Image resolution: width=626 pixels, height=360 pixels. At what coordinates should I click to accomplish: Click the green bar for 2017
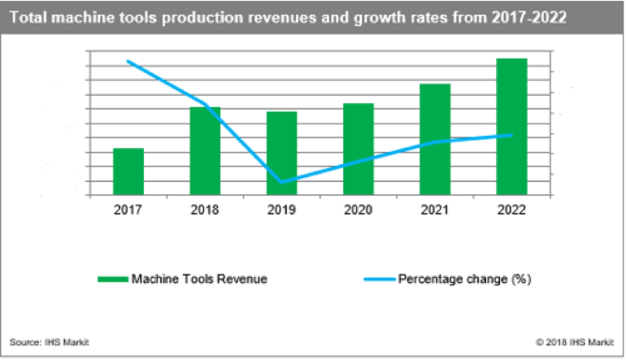pos(128,171)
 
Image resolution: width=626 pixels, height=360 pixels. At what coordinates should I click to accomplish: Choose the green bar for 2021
pos(435,140)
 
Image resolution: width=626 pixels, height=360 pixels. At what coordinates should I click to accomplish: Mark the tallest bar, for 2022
pos(511,127)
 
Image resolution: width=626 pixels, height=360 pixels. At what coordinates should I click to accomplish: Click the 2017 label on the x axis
pos(128,210)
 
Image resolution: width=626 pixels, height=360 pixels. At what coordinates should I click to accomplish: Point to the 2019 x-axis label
pos(281,210)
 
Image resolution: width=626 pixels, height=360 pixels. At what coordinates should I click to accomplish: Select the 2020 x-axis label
pos(359,210)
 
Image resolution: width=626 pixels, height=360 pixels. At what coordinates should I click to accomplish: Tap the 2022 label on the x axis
pos(511,210)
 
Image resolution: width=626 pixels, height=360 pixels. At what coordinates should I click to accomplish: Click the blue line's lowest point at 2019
pos(281,182)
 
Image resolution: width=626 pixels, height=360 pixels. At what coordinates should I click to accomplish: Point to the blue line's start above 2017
pos(128,61)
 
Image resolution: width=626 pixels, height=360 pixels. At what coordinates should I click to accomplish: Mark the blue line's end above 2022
pos(511,135)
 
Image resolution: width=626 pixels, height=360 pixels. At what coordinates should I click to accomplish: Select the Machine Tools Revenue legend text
pos(200,279)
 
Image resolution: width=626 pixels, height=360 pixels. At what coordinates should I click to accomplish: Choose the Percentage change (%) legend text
pos(464,279)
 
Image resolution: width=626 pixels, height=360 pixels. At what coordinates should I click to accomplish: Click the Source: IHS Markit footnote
pos(49,341)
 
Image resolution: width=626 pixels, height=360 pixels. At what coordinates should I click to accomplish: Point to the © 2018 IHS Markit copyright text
pos(573,341)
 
